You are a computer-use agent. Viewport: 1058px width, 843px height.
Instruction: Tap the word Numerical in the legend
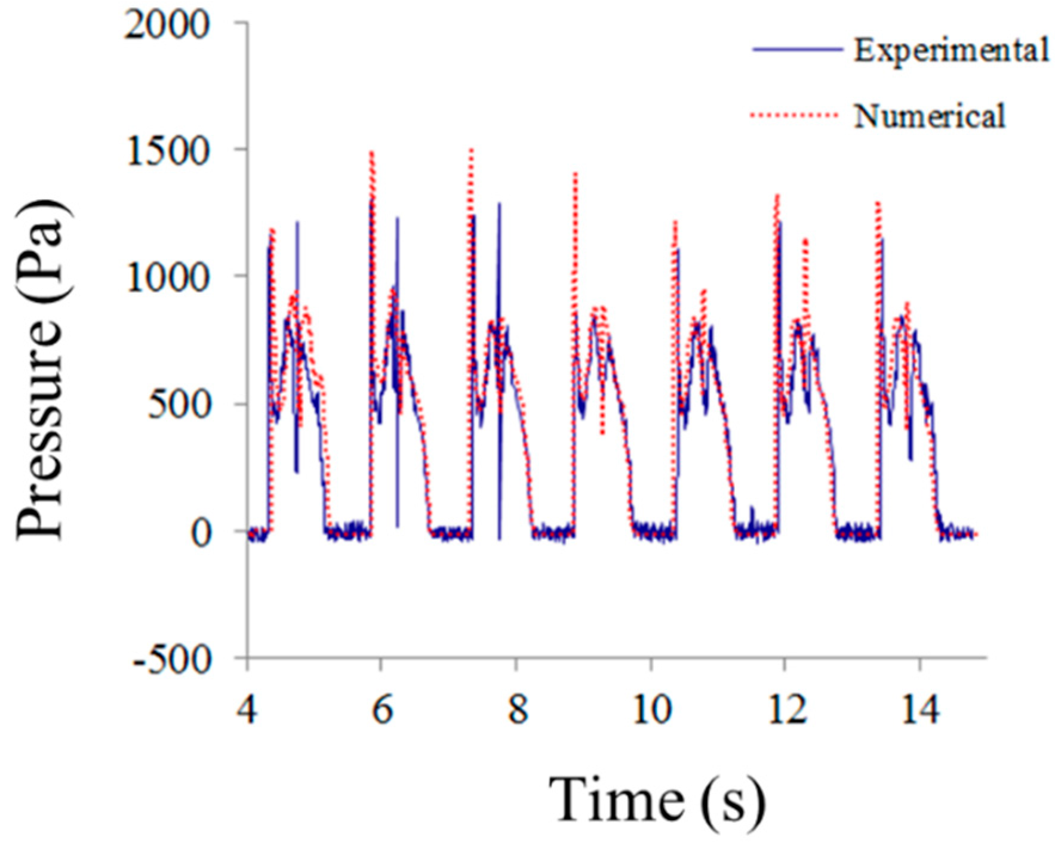(930, 115)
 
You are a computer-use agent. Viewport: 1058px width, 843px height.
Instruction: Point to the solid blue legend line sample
(796, 50)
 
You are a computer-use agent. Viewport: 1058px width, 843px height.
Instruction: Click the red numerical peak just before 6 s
(372, 154)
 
